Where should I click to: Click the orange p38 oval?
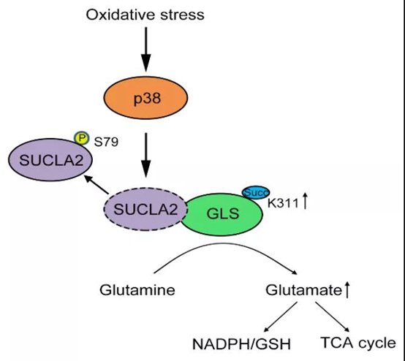coord(145,98)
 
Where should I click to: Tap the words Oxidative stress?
coord(145,15)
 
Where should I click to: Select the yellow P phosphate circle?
coord(82,137)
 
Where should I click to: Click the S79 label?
coord(106,142)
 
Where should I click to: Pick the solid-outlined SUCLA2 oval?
coord(50,160)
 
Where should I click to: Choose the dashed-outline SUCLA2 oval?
coord(145,209)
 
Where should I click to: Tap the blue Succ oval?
coord(256,193)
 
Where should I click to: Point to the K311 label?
coord(283,203)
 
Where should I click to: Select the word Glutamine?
coord(137,290)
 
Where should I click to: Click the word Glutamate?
coord(304,290)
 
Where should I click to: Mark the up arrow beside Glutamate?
coord(347,289)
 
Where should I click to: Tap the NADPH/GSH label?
coord(242,344)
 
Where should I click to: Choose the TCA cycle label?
coord(358,343)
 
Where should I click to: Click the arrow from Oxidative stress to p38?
coord(146,49)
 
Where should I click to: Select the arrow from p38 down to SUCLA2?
coord(146,155)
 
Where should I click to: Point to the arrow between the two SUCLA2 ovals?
coord(96,184)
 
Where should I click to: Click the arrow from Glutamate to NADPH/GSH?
coord(281,316)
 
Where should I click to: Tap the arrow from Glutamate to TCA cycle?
coord(332,316)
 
